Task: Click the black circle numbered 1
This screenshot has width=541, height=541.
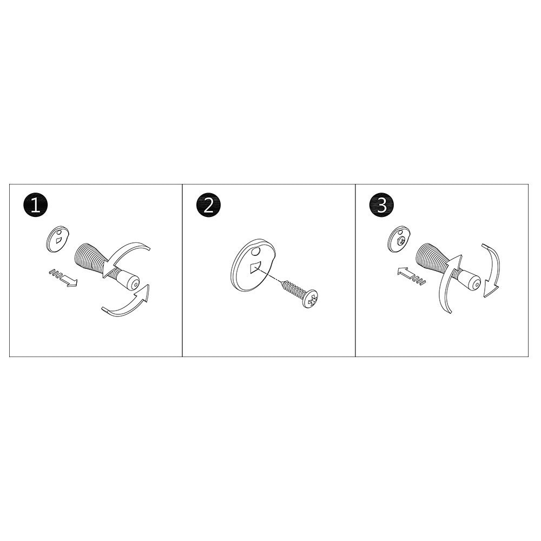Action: [x=36, y=206]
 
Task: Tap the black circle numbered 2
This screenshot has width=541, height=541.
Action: [x=209, y=206]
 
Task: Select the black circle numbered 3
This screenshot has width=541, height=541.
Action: [x=382, y=206]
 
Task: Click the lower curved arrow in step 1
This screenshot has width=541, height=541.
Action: [x=127, y=304]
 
